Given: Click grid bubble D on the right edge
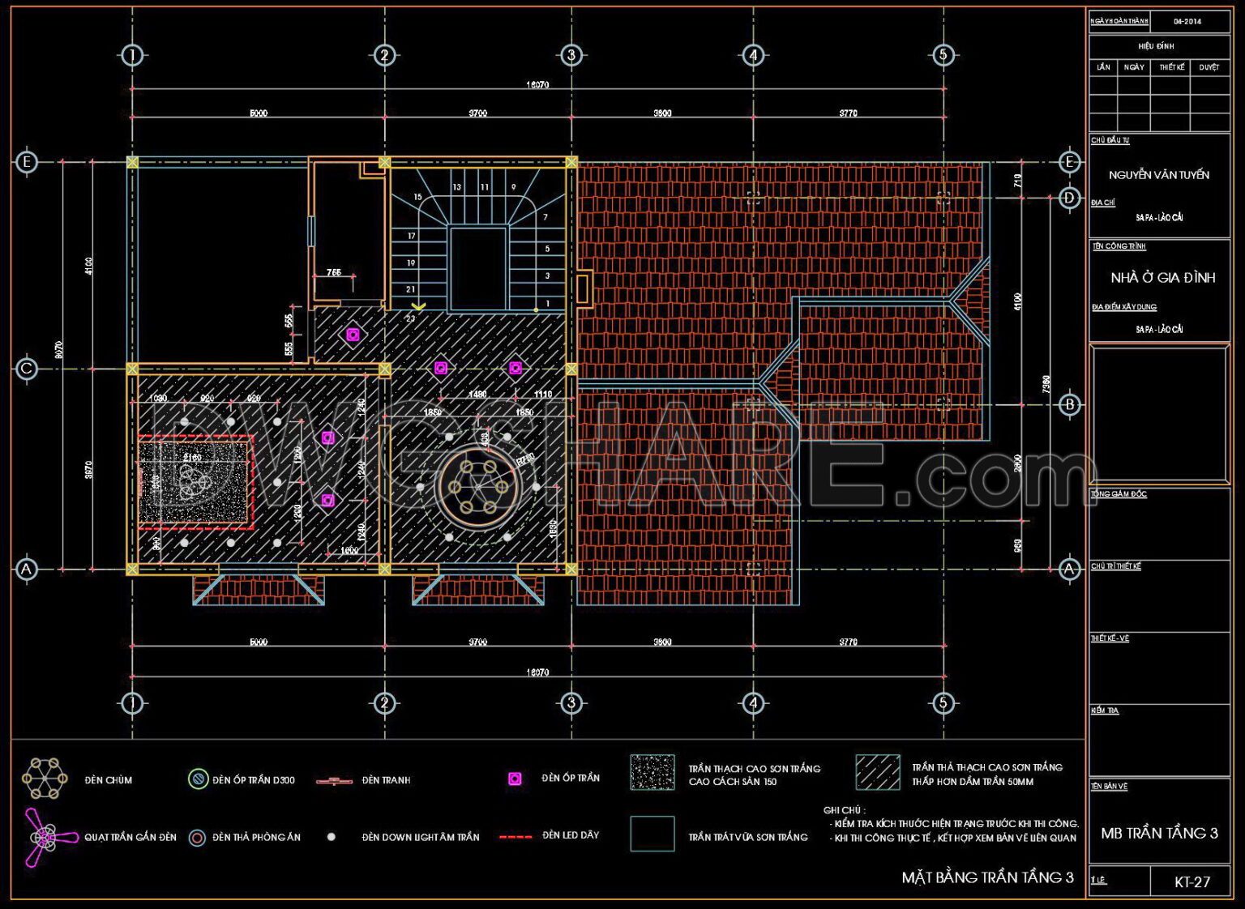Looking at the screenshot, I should [1069, 198].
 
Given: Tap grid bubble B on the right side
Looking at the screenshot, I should [1069, 404].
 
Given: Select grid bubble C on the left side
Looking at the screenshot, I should [27, 369].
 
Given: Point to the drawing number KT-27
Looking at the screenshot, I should [1192, 882].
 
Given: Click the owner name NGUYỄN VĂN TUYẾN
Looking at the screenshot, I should [1158, 175].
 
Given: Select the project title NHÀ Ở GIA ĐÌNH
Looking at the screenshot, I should [1162, 278].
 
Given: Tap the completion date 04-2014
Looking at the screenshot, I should [1187, 21].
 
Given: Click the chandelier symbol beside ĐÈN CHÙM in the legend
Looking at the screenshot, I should [45, 779].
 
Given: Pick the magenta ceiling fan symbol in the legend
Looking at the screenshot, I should [41, 835].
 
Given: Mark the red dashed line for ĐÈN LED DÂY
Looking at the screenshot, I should [515, 836].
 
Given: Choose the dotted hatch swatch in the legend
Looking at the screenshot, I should [652, 772].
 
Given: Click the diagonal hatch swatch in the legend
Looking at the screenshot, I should [877, 772].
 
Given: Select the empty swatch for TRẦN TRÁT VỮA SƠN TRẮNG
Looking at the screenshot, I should [652, 834].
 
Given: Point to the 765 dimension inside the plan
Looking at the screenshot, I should [334, 273].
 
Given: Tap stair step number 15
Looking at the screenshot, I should [417, 197].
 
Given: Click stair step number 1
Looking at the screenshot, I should [547, 304].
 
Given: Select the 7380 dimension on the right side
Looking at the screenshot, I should [1046, 382].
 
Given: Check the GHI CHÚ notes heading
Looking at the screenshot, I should [844, 810].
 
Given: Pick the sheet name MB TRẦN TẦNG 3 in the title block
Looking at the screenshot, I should [1159, 834].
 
